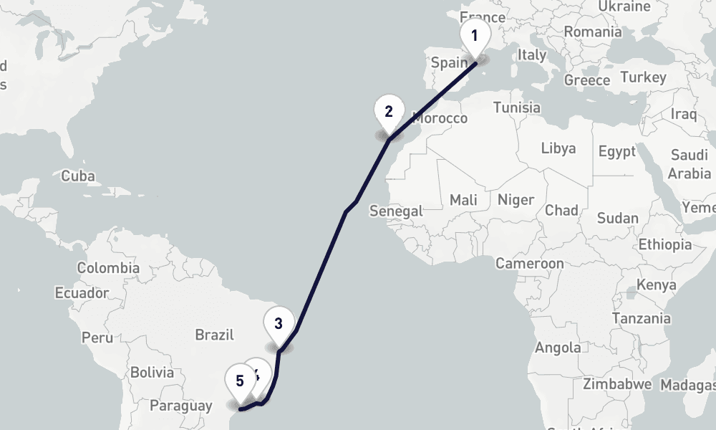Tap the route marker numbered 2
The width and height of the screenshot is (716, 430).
click(389, 112)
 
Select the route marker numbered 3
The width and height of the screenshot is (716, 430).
click(279, 323)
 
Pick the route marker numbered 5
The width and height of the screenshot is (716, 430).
click(239, 381)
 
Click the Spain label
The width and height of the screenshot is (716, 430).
click(449, 62)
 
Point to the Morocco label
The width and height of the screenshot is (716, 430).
click(440, 118)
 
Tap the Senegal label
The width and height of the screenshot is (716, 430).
click(396, 211)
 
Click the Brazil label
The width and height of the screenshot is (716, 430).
click(215, 335)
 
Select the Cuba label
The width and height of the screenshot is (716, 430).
click(78, 176)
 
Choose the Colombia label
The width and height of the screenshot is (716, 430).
click(108, 268)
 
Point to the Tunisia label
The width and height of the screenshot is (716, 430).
click(517, 107)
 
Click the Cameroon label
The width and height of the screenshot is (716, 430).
click(530, 264)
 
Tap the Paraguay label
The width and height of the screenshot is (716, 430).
click(181, 406)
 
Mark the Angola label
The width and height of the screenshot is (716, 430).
click(558, 348)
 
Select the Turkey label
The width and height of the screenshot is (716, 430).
click(643, 77)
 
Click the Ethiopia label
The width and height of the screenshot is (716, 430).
click(665, 244)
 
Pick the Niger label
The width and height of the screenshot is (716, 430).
click(516, 199)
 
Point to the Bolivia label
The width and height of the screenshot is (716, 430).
click(152, 373)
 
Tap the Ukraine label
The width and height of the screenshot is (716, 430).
click(624, 6)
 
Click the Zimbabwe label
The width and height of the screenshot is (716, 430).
click(617, 384)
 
